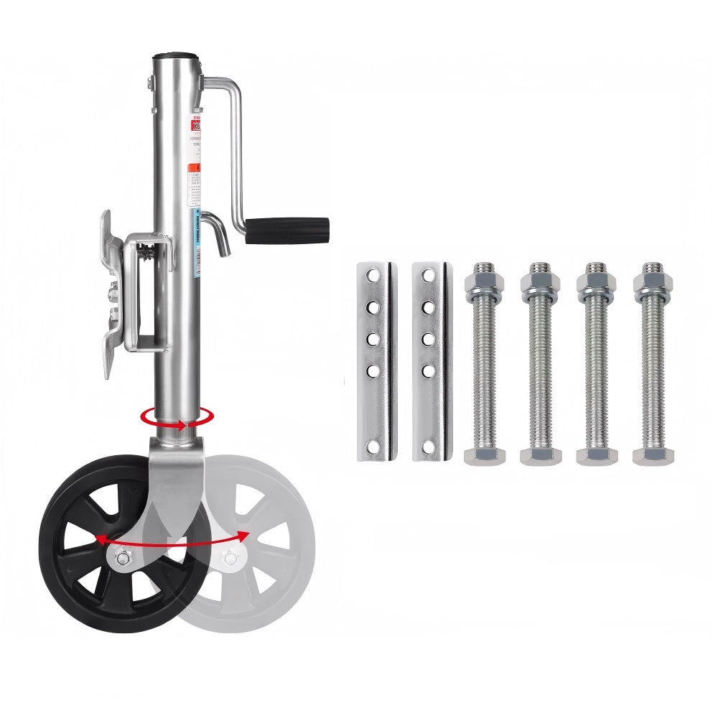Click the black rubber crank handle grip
point(287,231)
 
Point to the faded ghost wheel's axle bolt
point(230,558)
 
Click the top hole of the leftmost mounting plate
point(372,275)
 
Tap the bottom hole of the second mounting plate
point(428,447)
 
